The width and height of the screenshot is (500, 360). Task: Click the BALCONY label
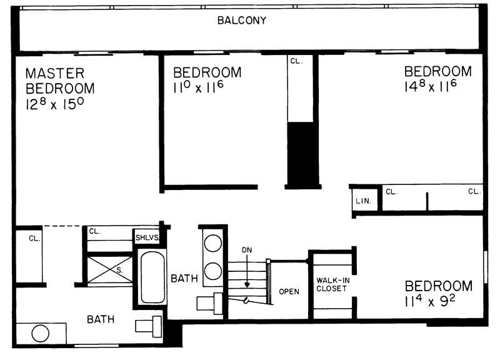pyautogui.click(x=242, y=20)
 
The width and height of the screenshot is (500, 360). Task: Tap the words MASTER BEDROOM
pyautogui.click(x=60, y=81)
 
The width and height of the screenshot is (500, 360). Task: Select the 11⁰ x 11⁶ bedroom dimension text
pyautogui.click(x=198, y=88)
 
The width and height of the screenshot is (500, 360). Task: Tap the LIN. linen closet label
pyautogui.click(x=363, y=201)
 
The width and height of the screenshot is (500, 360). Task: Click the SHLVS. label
pyautogui.click(x=147, y=238)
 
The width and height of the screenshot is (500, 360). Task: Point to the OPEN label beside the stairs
pyautogui.click(x=289, y=291)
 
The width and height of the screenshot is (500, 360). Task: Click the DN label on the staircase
pyautogui.click(x=247, y=250)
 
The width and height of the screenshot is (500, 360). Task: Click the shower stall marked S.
pyautogui.click(x=110, y=270)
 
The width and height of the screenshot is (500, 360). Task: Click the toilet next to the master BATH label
pyautogui.click(x=150, y=326)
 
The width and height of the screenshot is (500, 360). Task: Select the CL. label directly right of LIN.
pyautogui.click(x=392, y=191)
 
